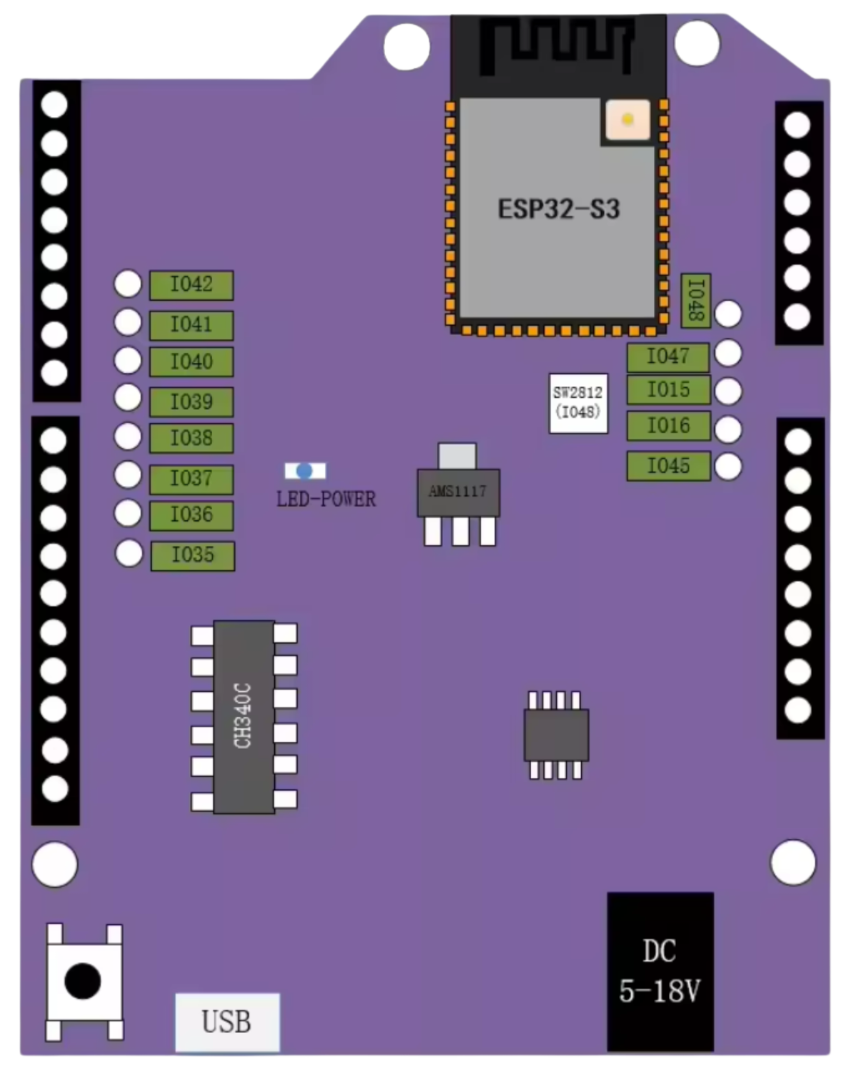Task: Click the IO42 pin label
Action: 191,285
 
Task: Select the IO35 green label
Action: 193,556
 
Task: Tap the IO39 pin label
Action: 191,402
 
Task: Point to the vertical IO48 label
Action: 696,301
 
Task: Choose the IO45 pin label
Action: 669,466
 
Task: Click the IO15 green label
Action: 669,390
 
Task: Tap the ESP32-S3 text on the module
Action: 558,209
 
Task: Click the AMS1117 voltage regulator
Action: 458,493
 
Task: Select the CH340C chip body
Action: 244,716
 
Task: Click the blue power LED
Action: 305,471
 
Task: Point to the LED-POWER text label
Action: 326,500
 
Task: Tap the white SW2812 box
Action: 578,403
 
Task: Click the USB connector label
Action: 227,1022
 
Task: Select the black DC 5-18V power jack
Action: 660,971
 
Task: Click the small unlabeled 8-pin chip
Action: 556,735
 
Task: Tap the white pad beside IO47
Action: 728,353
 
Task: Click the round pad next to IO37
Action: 128,475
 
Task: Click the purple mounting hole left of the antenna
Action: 407,47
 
